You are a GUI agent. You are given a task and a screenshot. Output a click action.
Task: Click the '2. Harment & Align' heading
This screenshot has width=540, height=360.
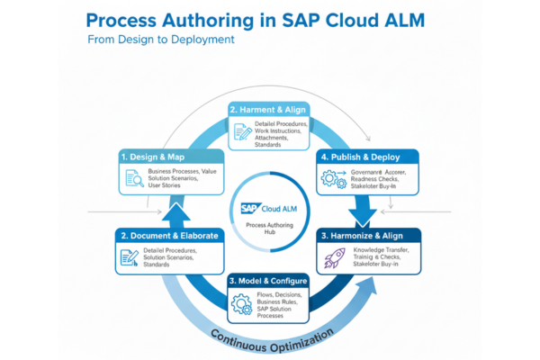point(269,110)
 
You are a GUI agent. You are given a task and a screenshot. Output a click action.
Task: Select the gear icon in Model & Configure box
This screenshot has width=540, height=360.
point(241,304)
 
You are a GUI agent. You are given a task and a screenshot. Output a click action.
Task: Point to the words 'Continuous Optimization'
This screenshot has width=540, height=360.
point(270,338)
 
